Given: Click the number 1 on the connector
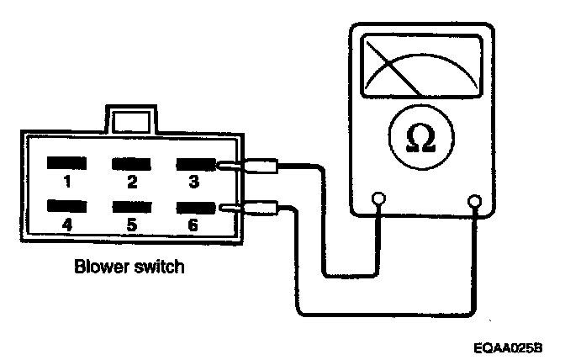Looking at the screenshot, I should click(x=66, y=181).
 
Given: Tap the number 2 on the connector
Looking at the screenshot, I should click(x=131, y=181).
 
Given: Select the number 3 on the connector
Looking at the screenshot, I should click(x=193, y=181).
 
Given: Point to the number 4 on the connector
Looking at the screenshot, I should click(x=66, y=224).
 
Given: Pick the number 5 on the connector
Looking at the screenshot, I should click(x=131, y=224).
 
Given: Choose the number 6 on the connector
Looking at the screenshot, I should click(x=193, y=224).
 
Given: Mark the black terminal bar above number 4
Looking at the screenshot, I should click(x=67, y=205).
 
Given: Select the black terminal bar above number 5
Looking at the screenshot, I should click(x=130, y=205).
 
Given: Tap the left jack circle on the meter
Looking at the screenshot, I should click(x=378, y=199).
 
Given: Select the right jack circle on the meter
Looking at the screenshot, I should click(x=476, y=201).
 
